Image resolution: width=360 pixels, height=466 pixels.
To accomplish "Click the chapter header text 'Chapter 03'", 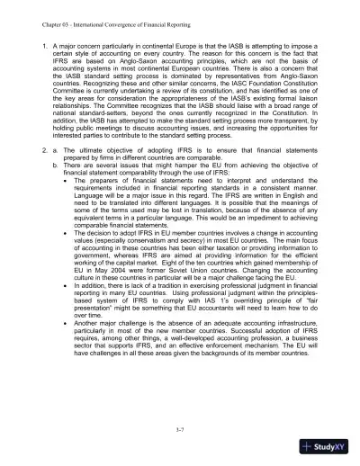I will point(41,13).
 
